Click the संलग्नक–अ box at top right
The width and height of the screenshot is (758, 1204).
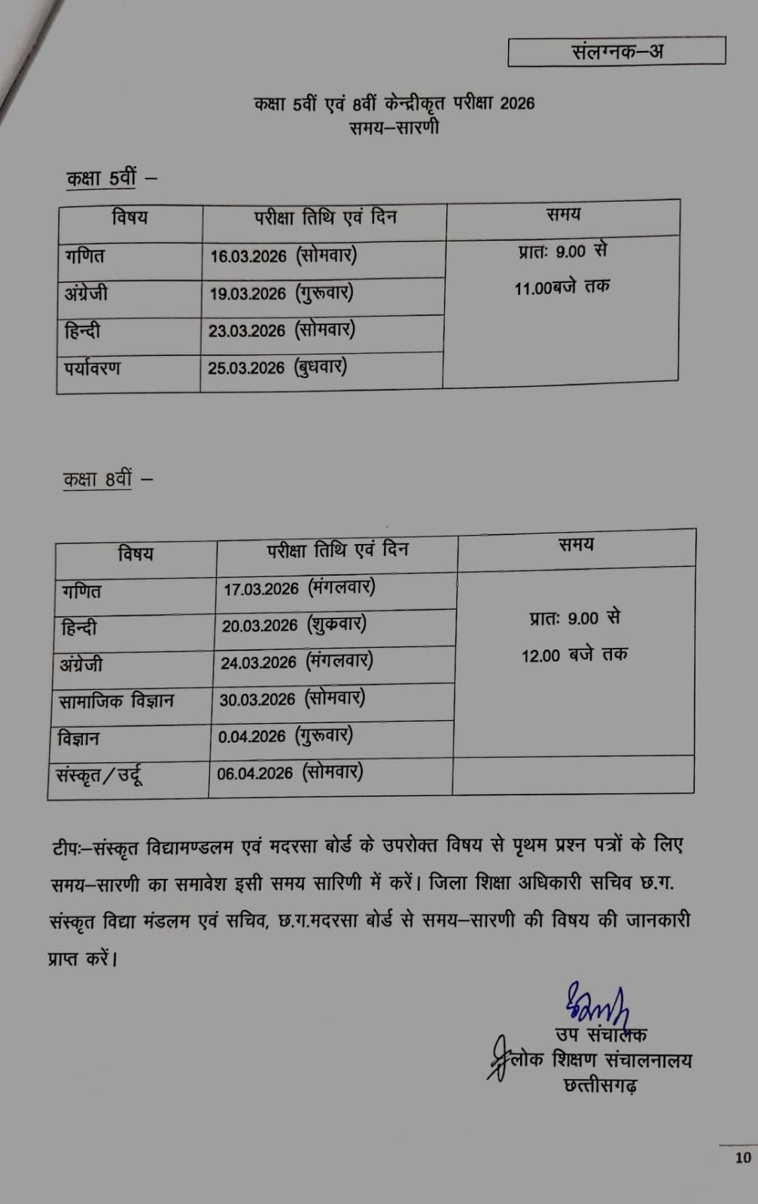[x=616, y=51]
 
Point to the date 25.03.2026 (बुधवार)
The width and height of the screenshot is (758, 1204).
[x=277, y=367]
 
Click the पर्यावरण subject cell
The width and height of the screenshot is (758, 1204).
[x=93, y=369]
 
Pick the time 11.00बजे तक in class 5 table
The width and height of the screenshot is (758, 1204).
[x=562, y=287]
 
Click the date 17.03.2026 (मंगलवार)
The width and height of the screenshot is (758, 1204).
[x=299, y=588]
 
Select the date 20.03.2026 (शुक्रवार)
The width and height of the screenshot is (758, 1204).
[x=294, y=625]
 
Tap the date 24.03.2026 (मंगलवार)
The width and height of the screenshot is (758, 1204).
[x=297, y=662]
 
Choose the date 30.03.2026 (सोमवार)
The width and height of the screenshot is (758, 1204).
[x=292, y=699]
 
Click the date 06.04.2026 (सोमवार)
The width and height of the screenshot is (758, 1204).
[x=290, y=773]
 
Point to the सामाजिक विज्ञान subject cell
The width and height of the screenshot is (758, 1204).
[x=117, y=701]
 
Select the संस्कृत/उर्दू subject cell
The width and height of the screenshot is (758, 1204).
[x=99, y=774]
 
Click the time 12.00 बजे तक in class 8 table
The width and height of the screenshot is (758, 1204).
[x=574, y=655]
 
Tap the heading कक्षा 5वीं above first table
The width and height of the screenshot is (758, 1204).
[x=102, y=178]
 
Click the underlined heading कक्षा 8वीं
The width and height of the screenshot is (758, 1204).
[x=98, y=479]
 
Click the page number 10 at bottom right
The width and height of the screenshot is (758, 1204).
[x=743, y=1157]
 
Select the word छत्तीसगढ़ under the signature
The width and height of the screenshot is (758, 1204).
[x=601, y=1085]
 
